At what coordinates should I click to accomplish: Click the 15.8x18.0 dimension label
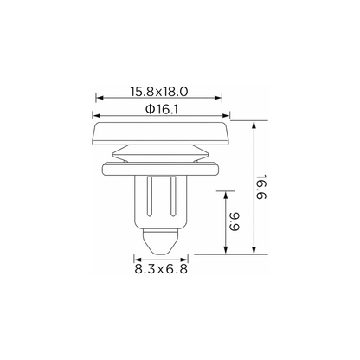[159, 92]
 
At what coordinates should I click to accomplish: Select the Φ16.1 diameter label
[162, 109]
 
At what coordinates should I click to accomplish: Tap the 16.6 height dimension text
[260, 187]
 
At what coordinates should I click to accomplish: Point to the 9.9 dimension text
[235, 222]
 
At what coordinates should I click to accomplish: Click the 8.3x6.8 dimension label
[161, 269]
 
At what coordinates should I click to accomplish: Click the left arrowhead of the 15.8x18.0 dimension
[100, 98]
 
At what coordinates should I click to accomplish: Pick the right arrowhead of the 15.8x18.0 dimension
[218, 98]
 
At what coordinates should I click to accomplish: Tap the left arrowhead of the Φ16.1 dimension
[96, 116]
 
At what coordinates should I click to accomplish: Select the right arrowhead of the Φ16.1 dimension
[226, 116]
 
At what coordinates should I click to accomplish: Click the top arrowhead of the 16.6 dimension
[254, 125]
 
